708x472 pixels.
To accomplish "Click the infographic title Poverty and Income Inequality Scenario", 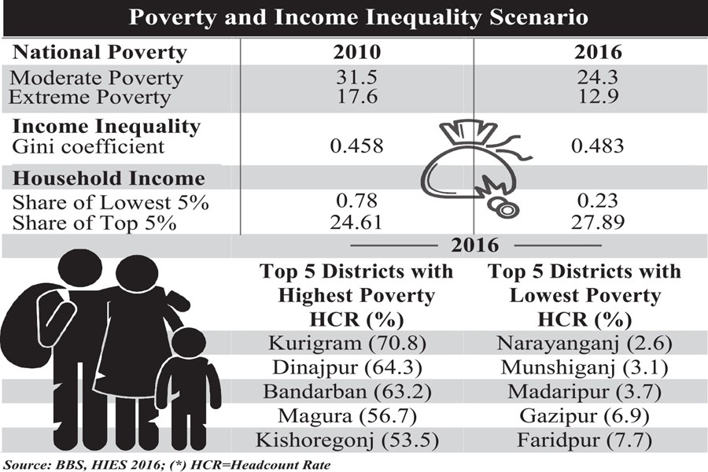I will click(x=353, y=17).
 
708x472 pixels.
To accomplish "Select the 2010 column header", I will click(x=356, y=53).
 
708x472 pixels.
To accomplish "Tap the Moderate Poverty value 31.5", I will click(x=356, y=78).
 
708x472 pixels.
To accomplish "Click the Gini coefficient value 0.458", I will click(x=356, y=146).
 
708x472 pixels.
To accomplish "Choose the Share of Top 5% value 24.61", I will click(x=356, y=222).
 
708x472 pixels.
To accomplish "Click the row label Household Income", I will click(x=109, y=179).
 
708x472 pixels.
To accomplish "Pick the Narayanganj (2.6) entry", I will click(x=584, y=344).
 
